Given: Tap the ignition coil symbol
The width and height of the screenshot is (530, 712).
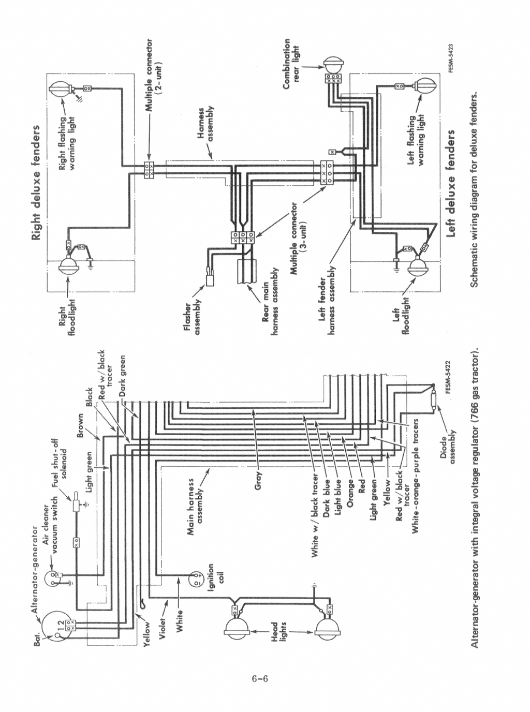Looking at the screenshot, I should [197, 578].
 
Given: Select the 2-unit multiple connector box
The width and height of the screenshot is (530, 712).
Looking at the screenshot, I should [149, 169].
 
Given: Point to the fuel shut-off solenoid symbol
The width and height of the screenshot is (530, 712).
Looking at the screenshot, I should [76, 503].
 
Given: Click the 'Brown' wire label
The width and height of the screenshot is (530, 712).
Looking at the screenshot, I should [80, 425].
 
